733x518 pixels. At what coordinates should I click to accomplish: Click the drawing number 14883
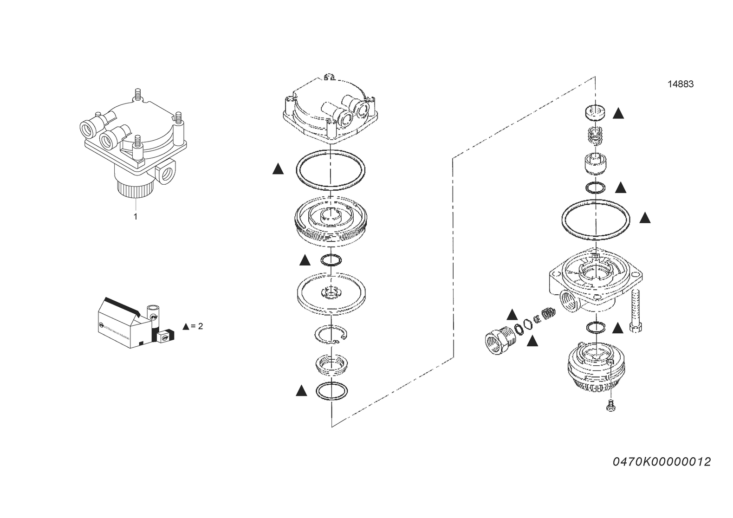click(x=681, y=84)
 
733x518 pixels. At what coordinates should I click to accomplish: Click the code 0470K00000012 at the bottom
click(x=662, y=462)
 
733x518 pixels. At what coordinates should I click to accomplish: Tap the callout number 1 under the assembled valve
click(x=136, y=216)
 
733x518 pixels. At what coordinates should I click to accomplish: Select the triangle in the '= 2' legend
click(x=186, y=326)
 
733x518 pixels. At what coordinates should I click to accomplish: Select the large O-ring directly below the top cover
click(x=330, y=169)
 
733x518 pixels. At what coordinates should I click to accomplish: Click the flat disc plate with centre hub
click(x=331, y=292)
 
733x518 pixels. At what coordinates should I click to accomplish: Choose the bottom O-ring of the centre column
click(x=331, y=391)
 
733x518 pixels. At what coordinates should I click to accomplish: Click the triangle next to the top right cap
click(x=618, y=113)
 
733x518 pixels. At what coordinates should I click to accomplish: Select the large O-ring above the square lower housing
click(x=596, y=220)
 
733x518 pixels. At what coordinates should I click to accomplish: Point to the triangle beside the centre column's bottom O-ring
click(x=301, y=391)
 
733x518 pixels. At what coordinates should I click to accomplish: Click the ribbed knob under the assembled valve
click(x=135, y=188)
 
